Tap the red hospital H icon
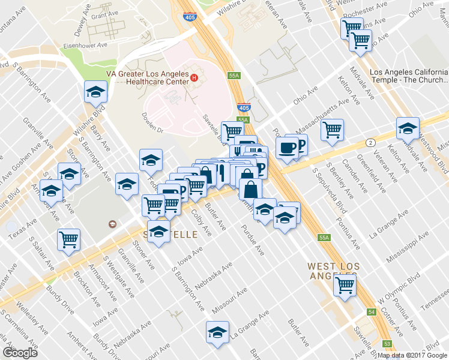[x=194, y=77]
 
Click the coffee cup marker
[x=287, y=147]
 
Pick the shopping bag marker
[x=250, y=188]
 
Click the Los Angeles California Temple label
[x=408, y=76]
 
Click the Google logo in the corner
[x=20, y=352]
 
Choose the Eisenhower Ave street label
[x=86, y=44]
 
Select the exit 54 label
[x=372, y=313]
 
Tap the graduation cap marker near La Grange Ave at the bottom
[x=217, y=332]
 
